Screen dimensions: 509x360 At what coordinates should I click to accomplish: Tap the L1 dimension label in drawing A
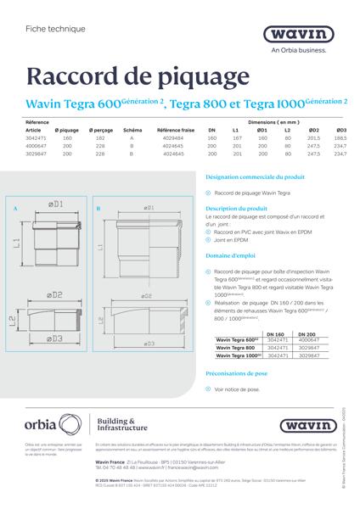click(x=19, y=243)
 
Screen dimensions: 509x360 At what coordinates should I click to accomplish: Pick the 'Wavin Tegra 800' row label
click(x=238, y=348)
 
